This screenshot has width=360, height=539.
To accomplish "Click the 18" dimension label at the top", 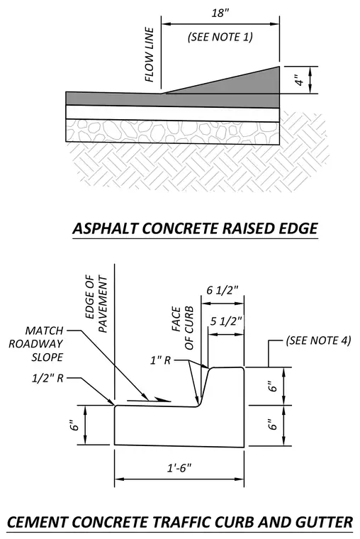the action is tap(220, 13).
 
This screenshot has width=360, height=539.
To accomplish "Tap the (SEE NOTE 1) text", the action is tap(220, 37).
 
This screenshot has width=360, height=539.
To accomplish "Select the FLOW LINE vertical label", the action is tap(150, 55).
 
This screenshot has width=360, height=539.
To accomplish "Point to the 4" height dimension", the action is tap(300, 79).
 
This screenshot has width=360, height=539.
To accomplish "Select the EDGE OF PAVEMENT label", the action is tap(96, 304).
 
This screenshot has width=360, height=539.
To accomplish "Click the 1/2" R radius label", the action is tap(47, 379).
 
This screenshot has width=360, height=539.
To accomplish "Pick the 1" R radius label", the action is tap(160, 360).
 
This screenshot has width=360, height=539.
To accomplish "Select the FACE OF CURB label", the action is tap(183, 328).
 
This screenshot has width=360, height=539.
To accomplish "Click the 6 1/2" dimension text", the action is tap(223, 291).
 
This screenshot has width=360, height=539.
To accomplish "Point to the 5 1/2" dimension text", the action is tap(226, 321).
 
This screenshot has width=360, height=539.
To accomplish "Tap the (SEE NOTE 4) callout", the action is tap(318, 340).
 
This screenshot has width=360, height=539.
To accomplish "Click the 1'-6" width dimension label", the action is tap(179, 468).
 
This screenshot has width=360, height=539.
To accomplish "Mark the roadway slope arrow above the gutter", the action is tap(149, 400).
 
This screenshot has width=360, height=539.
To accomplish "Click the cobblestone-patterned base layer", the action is tap(172, 131).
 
